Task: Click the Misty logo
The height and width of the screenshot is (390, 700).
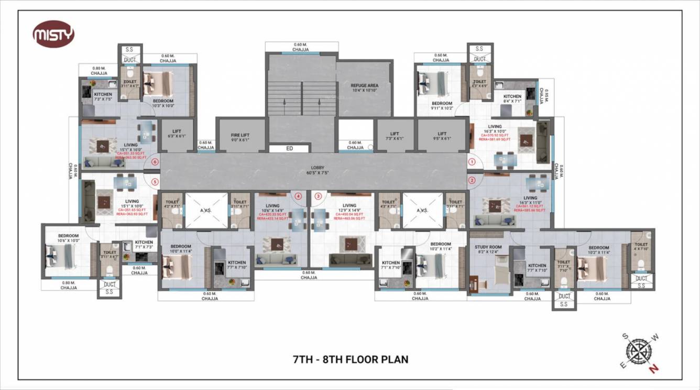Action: pos(53,35)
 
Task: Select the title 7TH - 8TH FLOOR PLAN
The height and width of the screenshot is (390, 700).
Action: pos(350,360)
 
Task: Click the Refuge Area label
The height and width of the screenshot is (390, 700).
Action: pos(364,88)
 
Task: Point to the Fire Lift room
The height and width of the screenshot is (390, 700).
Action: pos(240,136)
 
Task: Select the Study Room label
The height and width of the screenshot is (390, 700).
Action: pos(488,250)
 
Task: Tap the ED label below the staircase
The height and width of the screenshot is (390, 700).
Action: pos(289,149)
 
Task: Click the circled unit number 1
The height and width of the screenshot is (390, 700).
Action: pos(472,162)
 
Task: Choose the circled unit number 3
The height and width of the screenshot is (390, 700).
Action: pos(318,197)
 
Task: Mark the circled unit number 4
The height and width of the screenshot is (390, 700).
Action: pos(299,197)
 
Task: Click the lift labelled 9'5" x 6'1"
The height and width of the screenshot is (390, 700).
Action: pos(442,136)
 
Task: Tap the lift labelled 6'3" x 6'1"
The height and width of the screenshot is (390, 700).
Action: pos(174,136)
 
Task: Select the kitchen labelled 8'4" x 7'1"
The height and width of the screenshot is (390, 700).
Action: pos(512,99)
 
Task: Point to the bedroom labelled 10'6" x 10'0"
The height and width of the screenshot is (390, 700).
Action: pos(68,239)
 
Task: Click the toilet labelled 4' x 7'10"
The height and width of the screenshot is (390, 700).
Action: pos(641,247)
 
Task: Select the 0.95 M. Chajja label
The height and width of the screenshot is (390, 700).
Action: pos(546,97)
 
